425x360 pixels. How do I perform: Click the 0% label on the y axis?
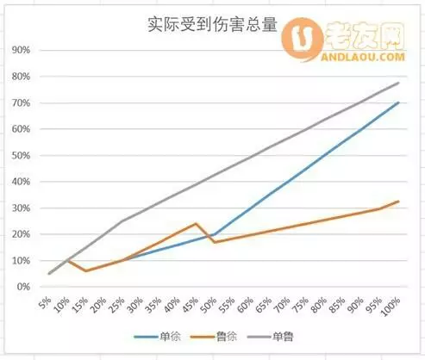pos(23,287)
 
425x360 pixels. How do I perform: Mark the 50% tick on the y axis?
pos(21,155)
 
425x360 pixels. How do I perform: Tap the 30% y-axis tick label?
pos(21,208)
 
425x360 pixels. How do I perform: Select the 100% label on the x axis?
pos(392,307)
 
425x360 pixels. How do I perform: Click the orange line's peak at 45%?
pos(197,223)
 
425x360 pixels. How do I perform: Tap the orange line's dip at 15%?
pos(85,271)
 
